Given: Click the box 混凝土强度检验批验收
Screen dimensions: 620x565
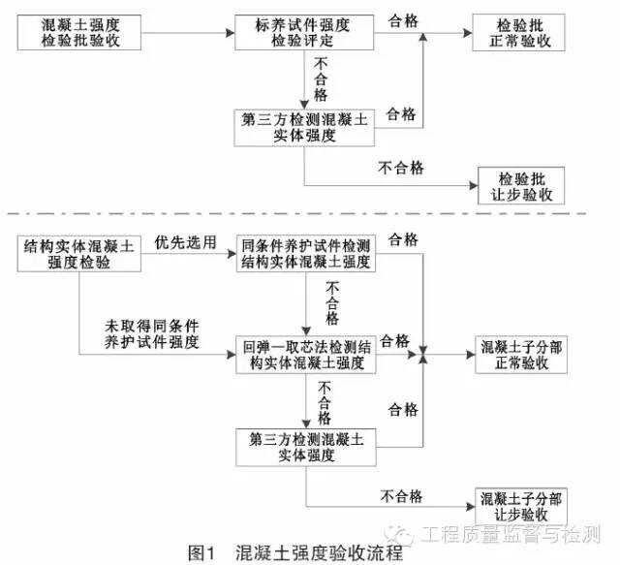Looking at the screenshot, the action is tap(79, 32).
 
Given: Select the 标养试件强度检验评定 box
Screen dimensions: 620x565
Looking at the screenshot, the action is tap(304, 32).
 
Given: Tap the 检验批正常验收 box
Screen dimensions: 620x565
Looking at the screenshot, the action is tap(519, 32).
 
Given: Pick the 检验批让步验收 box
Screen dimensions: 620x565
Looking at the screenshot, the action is tap(521, 185).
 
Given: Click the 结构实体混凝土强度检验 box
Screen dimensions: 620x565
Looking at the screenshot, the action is tap(79, 254).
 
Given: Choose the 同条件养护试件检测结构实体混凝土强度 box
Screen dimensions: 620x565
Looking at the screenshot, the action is tap(306, 254).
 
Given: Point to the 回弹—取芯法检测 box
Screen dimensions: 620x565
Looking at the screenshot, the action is tap(306, 355).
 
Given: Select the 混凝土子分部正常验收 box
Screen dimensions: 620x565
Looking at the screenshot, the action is tap(521, 355).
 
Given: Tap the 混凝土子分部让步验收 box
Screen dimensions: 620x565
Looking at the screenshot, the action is tap(521, 507).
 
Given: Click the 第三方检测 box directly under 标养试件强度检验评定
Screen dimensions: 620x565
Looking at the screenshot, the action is tap(304, 128).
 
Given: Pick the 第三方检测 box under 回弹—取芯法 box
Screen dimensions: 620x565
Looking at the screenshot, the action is tap(306, 447).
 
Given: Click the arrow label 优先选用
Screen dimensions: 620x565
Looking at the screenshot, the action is tap(185, 242).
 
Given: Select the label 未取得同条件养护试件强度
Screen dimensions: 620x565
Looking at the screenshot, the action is tap(152, 334).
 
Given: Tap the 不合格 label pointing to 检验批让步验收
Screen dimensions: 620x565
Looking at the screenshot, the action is tap(400, 168).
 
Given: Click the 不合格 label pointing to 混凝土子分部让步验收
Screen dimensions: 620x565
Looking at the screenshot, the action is tap(401, 496).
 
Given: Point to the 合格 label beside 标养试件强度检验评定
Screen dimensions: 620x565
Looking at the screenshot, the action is tap(403, 20).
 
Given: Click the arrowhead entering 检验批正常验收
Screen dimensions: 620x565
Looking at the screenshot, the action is tap(468, 33).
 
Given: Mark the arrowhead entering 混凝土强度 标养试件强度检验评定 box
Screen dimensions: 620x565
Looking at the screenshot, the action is tap(231, 33).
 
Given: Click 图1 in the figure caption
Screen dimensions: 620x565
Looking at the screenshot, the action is tap(201, 552).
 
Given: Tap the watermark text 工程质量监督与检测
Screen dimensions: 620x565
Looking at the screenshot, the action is tap(511, 534).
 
